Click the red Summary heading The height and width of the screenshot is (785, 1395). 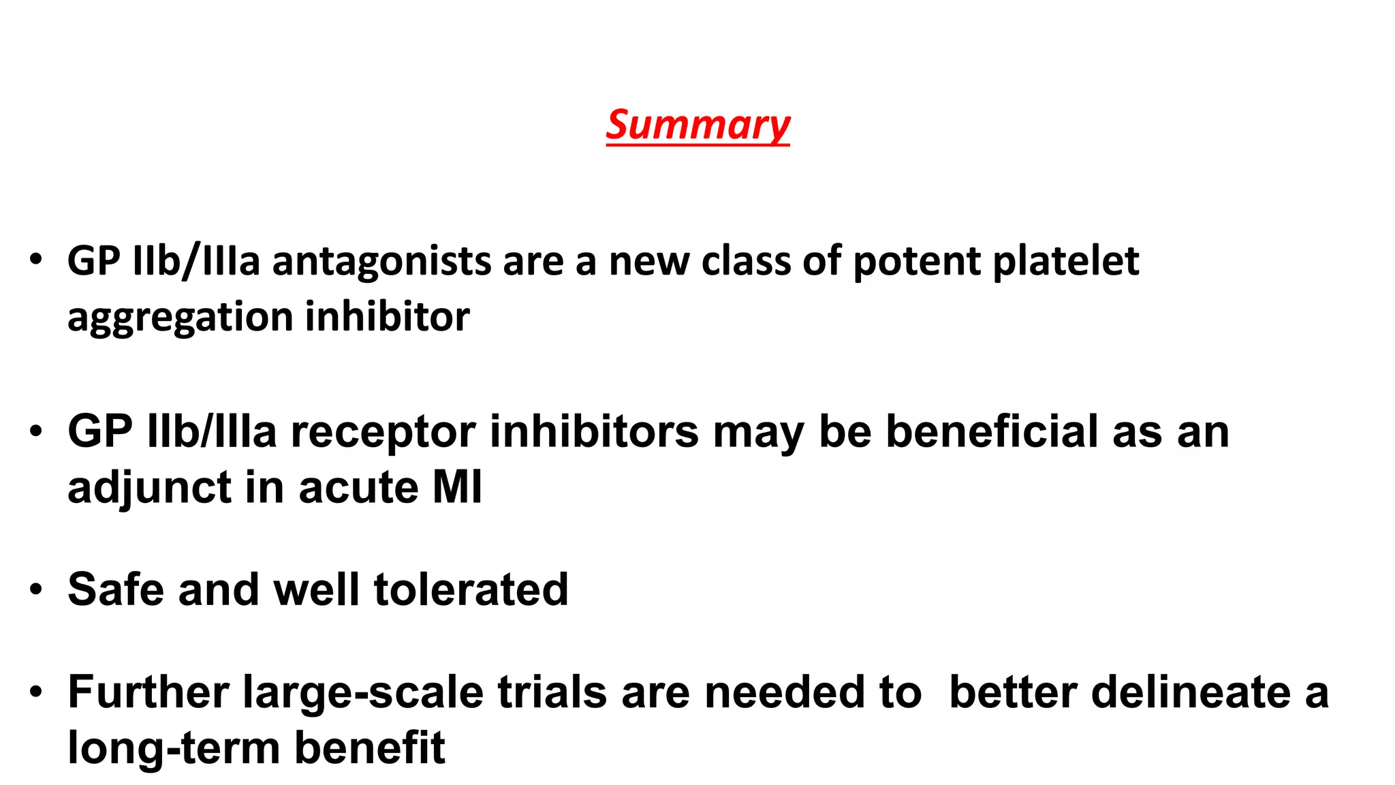[697, 125]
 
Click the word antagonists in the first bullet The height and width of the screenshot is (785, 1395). [381, 262]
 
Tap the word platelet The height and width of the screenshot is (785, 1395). [1065, 262]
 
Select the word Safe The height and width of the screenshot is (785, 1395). [116, 589]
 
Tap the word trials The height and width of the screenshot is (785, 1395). [552, 692]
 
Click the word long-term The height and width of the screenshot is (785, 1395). [174, 748]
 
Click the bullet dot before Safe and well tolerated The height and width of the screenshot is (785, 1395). [36, 589]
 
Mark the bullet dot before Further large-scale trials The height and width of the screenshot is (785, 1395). [36, 693]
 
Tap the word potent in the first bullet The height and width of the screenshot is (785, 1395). [916, 262]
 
